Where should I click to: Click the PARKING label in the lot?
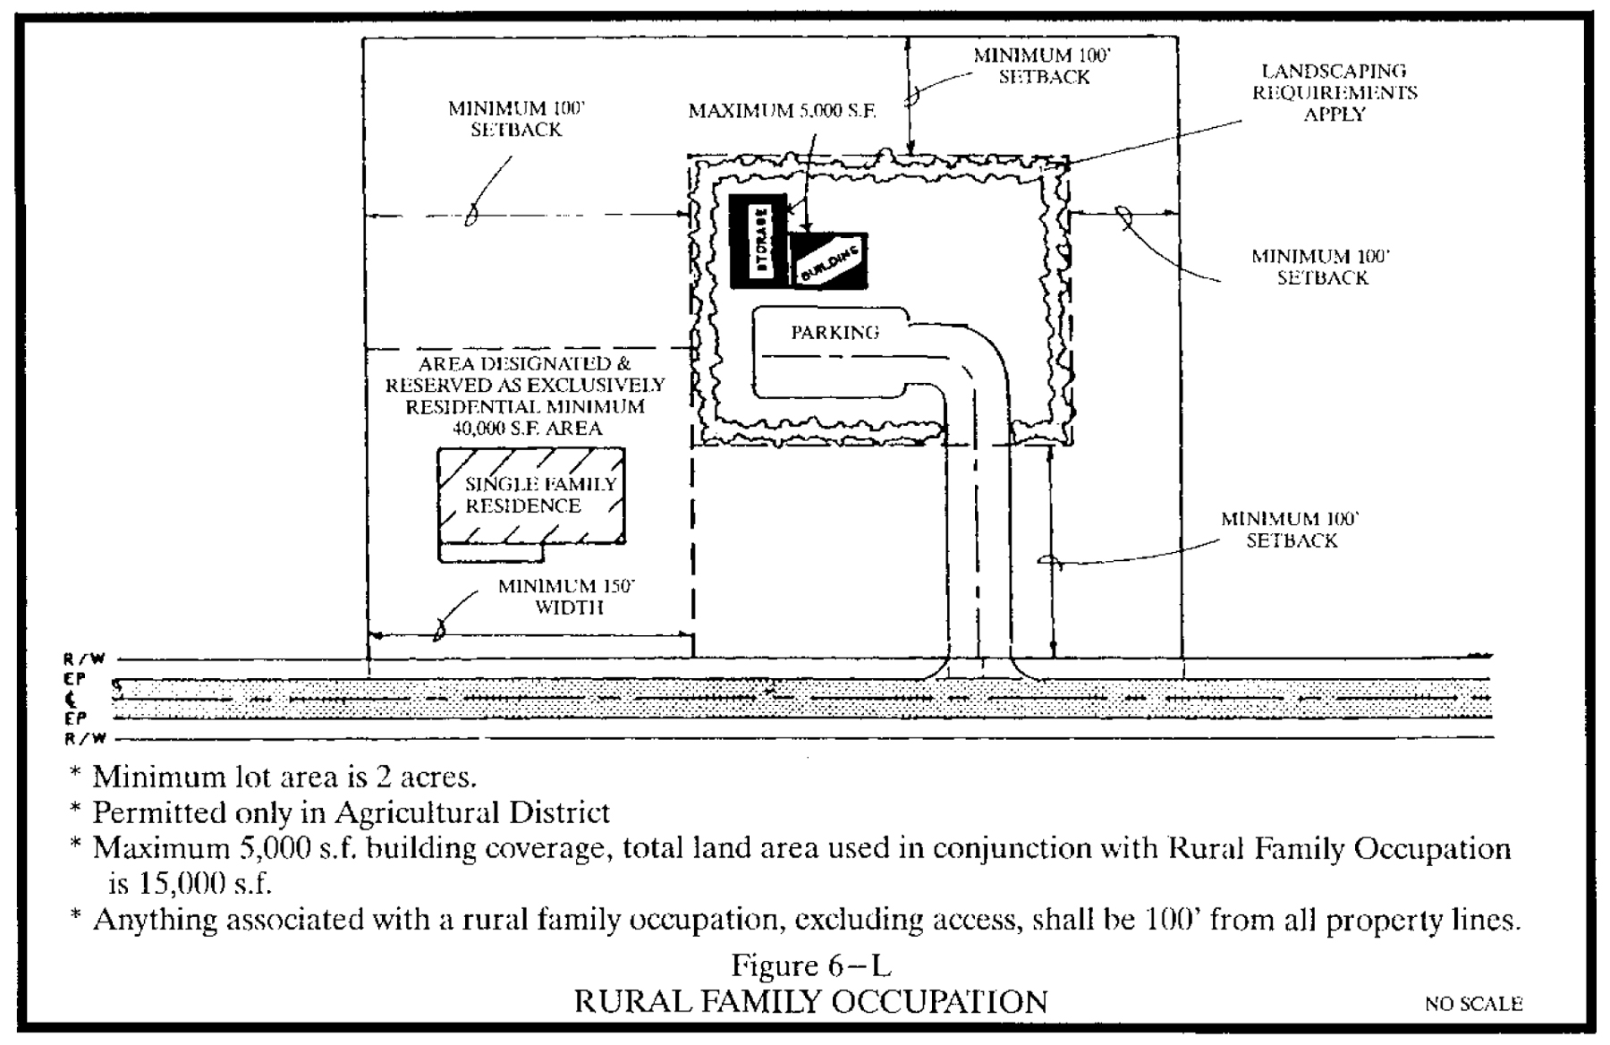coord(835,333)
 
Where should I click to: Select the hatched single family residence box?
coord(531,497)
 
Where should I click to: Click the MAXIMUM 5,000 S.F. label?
coord(782,111)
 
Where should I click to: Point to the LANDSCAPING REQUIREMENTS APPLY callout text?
coord(1334,92)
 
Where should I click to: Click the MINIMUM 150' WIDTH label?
coord(567,597)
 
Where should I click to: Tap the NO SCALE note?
coord(1473,1004)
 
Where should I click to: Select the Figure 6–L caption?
coord(811,965)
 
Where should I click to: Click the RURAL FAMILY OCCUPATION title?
coord(810,1001)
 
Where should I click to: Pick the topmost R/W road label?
coord(86,659)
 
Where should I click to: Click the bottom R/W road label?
coord(86,739)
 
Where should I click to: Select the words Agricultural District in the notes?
coord(472,812)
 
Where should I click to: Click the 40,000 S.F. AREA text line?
coord(527,429)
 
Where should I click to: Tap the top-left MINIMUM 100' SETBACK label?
coord(516,119)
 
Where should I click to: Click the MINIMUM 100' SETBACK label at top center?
coord(1043,66)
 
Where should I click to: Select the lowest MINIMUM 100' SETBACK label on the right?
coord(1291,530)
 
